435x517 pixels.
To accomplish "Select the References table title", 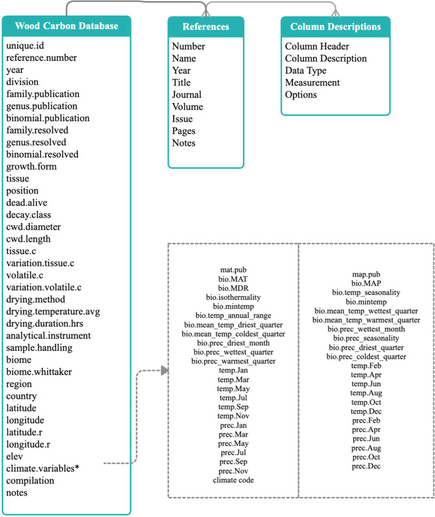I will pyautogui.click(x=207, y=27).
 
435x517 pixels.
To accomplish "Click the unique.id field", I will pyautogui.click(x=25, y=47).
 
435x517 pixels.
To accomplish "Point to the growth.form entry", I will pyautogui.click(x=32, y=167).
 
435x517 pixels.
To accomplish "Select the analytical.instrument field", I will pyautogui.click(x=49, y=336).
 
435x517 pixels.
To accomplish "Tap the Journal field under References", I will pyautogui.click(x=187, y=95).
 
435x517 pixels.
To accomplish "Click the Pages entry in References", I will pyautogui.click(x=185, y=131).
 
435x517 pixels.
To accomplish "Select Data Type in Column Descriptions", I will pyautogui.click(x=307, y=71).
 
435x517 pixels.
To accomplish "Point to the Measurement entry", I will pyautogui.click(x=312, y=82).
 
